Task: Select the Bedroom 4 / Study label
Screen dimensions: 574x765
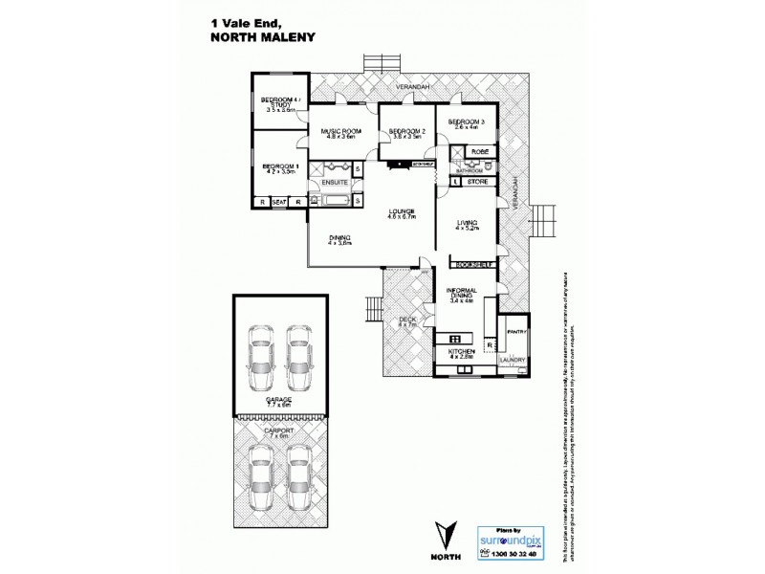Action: [282, 104]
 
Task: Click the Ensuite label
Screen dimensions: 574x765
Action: [334, 181]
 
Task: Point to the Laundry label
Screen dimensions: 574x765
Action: [514, 360]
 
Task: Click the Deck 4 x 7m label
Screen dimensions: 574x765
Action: [407, 322]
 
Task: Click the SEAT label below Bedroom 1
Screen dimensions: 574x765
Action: [280, 203]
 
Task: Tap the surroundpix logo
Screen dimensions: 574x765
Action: [502, 539]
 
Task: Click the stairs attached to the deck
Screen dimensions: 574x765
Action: [371, 309]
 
